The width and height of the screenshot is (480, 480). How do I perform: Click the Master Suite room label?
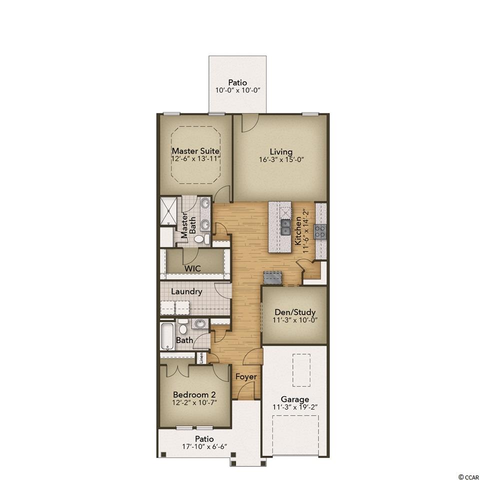pos(195,151)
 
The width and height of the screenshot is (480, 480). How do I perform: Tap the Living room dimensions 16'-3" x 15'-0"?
pos(281,159)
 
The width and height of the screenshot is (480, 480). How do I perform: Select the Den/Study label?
pos(295,312)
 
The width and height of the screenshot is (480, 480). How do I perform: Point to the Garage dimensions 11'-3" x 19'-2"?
pos(295,407)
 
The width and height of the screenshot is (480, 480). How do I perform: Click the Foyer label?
pos(246,377)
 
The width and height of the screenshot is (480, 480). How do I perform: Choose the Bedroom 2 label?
pos(194,394)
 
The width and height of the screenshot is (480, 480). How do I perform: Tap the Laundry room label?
pos(186,291)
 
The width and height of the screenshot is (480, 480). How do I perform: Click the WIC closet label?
pos(193,269)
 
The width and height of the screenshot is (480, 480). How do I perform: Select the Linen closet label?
pos(201,358)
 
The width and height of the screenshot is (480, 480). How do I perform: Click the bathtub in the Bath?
pos(167,336)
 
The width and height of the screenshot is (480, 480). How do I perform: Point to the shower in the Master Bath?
pos(168,211)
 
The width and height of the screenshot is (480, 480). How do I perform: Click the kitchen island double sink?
pos(285,227)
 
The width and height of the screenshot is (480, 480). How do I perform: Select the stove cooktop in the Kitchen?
pos(320,231)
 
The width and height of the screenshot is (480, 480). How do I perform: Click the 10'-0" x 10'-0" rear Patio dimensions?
pos(237,90)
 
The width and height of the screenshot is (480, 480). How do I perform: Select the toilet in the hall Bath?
pos(183,327)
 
